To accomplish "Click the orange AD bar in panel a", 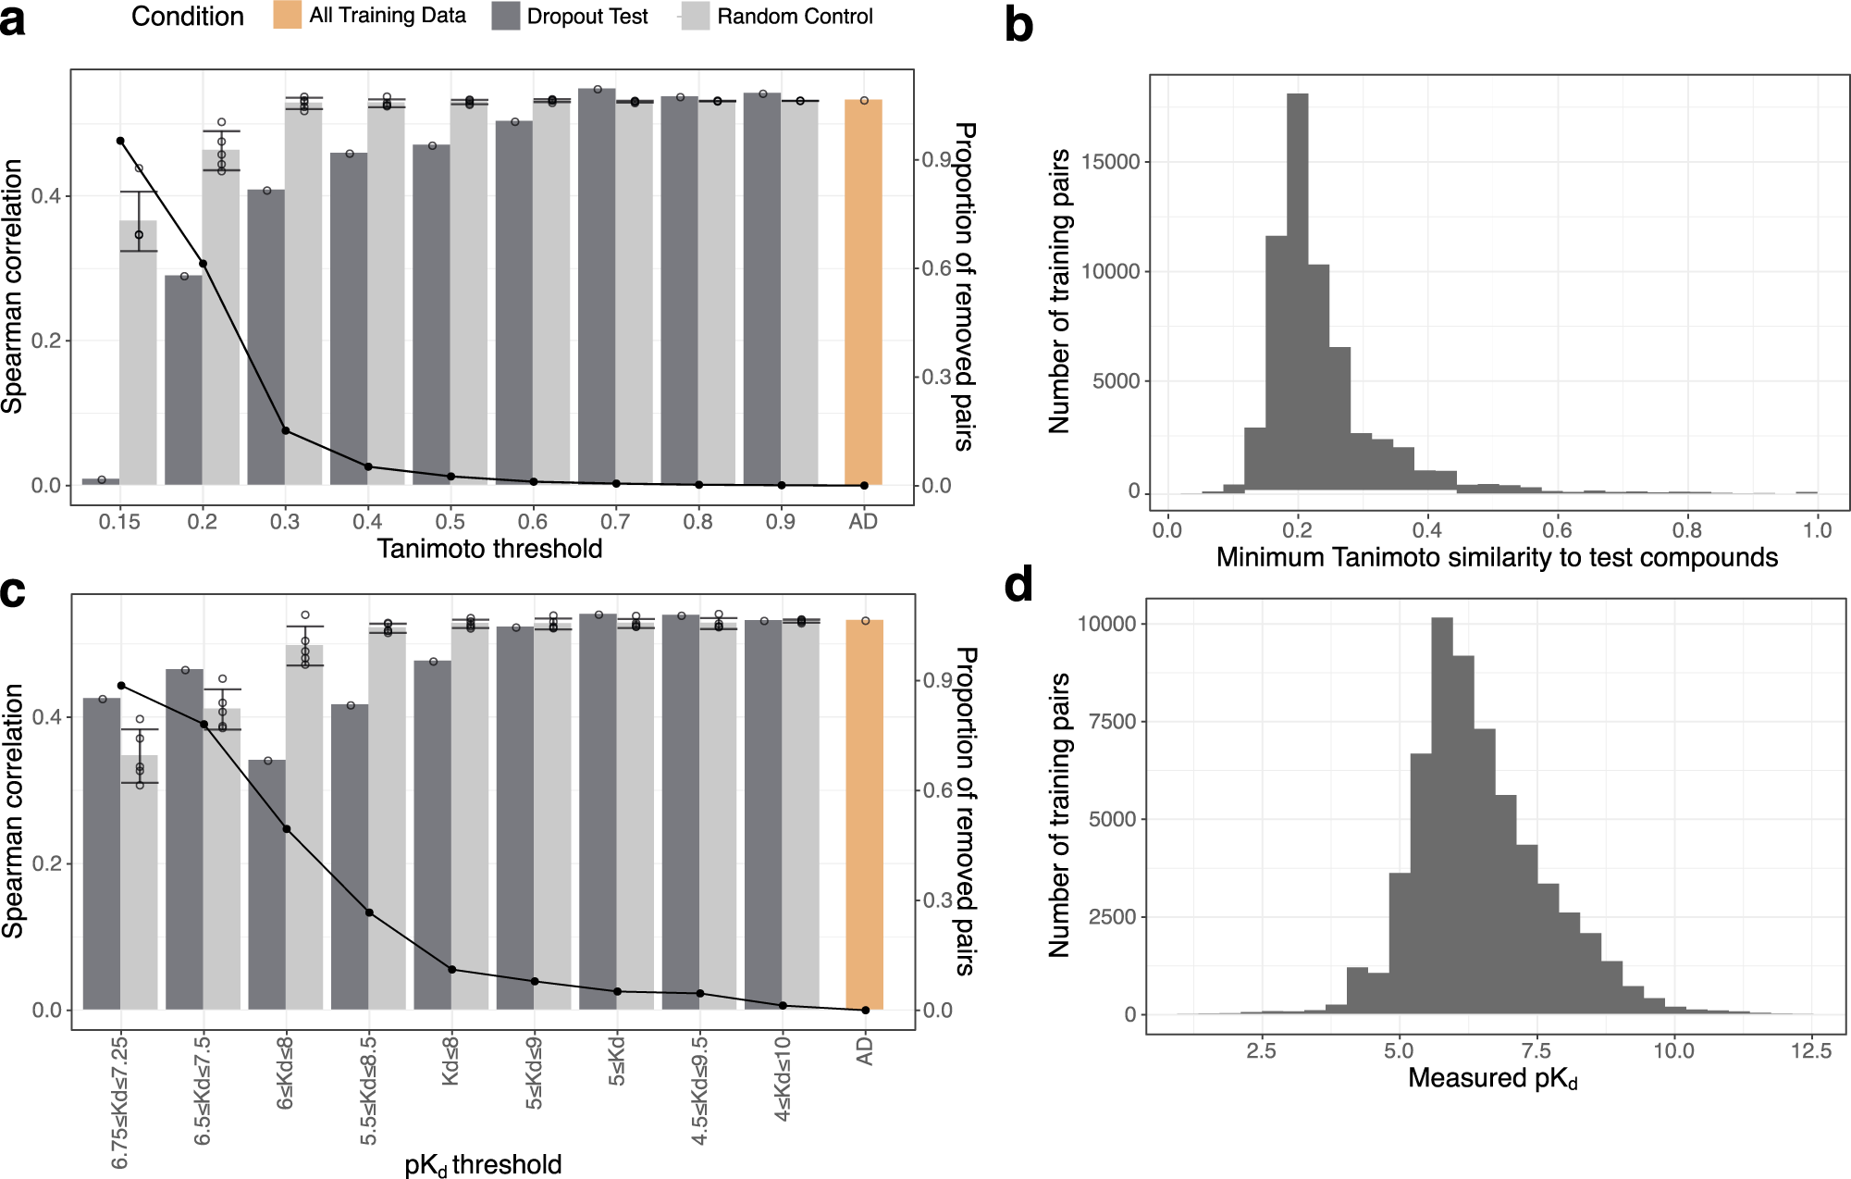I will coord(862,296).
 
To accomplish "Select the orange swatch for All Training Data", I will coord(287,16).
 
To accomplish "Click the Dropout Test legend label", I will coord(586,17).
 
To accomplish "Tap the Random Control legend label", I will coord(794,17).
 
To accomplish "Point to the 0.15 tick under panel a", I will coord(119,522).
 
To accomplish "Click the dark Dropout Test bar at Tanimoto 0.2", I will coord(183,379).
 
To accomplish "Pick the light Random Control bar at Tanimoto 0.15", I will coord(138,352).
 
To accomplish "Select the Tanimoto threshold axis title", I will coord(489,550).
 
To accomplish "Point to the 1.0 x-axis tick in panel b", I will coord(1817,530).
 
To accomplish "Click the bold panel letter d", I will coord(1018,586).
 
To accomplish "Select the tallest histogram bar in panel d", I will coord(1441,814).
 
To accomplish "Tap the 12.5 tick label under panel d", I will coord(1810,1051).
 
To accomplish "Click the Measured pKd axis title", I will coord(1492,1079).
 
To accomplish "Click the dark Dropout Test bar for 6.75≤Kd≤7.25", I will coord(102,851).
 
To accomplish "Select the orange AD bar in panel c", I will coord(864,814).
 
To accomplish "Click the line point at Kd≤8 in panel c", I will coord(451,970).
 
